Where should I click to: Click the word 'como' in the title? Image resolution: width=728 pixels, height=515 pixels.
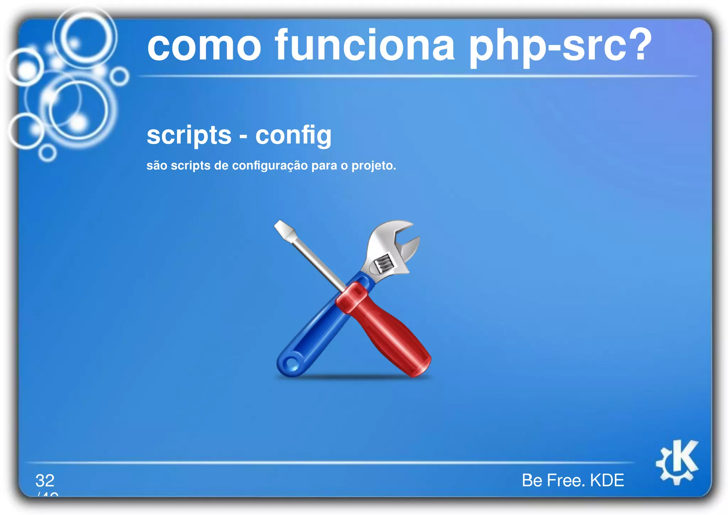click(x=204, y=46)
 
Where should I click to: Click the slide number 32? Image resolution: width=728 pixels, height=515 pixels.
click(x=45, y=481)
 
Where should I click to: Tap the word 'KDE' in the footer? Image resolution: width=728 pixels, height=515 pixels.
click(x=607, y=481)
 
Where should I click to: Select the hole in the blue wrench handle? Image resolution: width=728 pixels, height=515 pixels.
click(x=291, y=364)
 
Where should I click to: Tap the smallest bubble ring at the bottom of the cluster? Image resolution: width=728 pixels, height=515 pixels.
click(x=47, y=153)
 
